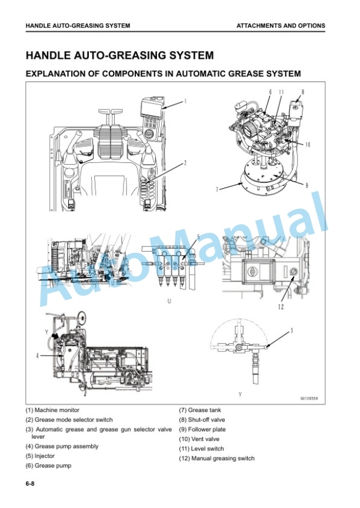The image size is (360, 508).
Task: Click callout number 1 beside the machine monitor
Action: point(185,101)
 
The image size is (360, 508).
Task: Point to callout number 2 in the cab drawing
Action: point(185,163)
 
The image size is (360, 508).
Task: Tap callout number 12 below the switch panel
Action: point(281,306)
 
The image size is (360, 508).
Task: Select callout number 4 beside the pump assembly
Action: point(38,356)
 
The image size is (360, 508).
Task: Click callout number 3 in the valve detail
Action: point(292,331)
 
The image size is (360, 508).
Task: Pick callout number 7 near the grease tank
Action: point(218,189)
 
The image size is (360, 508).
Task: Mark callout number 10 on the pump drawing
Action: point(308,144)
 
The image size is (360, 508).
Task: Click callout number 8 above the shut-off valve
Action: point(303,92)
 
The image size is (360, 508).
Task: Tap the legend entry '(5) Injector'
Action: point(40,456)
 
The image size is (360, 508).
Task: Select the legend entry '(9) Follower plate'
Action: point(202,429)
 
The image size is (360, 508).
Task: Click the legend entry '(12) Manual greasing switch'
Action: point(217,459)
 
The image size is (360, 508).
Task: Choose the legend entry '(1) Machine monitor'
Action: point(52,410)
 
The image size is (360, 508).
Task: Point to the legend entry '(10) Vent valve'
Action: point(199,439)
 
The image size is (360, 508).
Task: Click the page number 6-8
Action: point(30,484)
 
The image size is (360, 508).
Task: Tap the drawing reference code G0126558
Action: point(309,398)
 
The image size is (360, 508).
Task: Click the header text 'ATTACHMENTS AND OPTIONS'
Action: point(281,26)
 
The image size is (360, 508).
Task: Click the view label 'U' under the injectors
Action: point(169,301)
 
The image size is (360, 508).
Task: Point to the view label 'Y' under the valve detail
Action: point(240,395)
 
